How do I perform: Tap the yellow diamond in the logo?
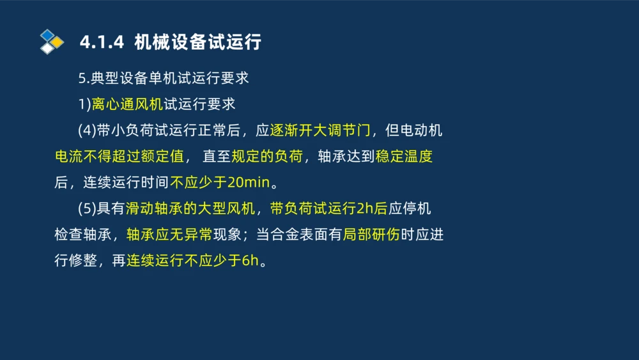click(x=58, y=43)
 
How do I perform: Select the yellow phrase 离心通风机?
click(x=127, y=105)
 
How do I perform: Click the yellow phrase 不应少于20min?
click(x=220, y=183)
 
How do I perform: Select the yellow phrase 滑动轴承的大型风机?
click(x=190, y=209)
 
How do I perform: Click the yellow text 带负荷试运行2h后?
click(x=328, y=209)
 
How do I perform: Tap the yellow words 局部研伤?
click(x=371, y=235)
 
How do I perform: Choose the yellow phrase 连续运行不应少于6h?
click(x=194, y=261)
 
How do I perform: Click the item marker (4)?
click(x=87, y=131)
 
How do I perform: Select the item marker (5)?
click(x=87, y=209)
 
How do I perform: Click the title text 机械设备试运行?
click(x=198, y=43)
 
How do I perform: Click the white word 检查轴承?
click(x=82, y=235)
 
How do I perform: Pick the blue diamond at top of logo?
click(x=47, y=35)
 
